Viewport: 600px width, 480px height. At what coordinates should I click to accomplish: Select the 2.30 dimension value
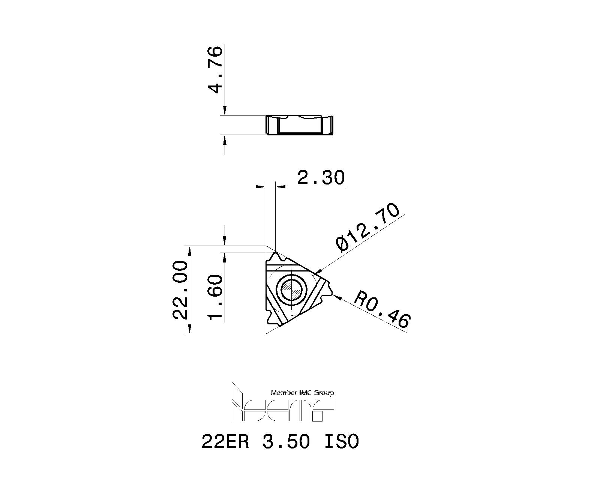[321, 177]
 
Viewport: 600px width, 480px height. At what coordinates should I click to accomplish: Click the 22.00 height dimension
[180, 290]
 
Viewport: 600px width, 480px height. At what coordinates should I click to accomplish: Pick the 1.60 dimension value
[216, 297]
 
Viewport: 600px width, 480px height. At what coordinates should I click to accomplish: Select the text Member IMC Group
[302, 393]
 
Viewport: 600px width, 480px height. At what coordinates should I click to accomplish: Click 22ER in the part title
[225, 441]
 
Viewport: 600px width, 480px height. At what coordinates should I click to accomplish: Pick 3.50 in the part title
[286, 441]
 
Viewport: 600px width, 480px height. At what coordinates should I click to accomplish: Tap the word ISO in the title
[341, 441]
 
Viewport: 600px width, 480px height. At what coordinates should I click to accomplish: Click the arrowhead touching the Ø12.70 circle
[317, 271]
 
